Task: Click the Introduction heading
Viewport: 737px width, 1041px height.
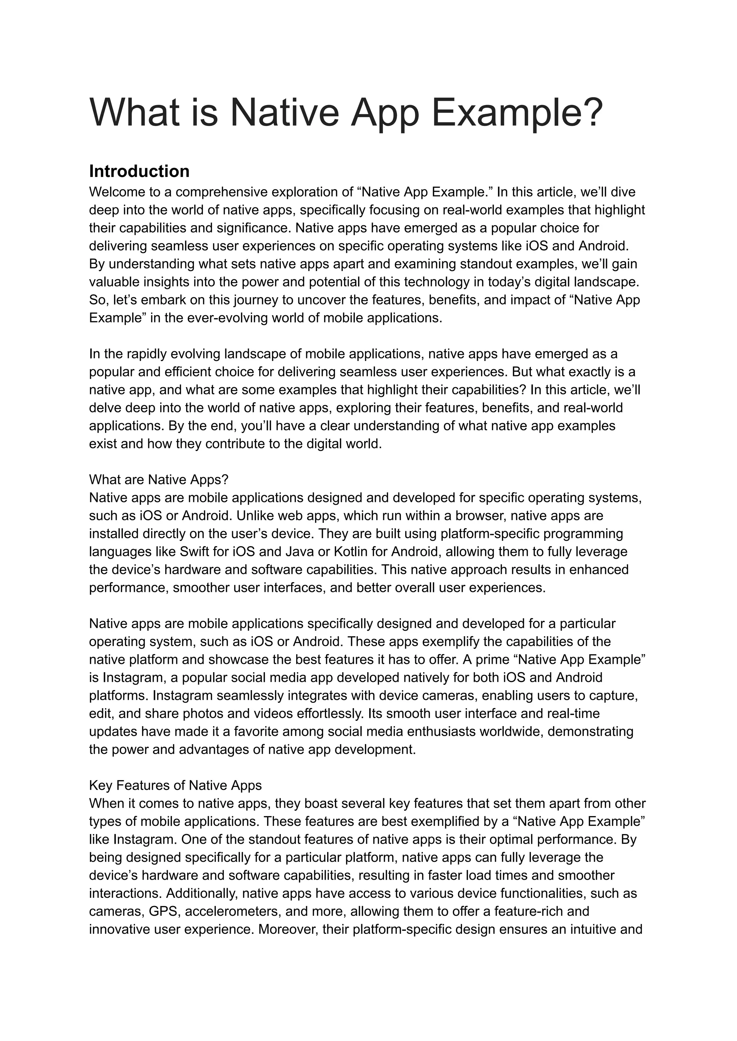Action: pos(139,172)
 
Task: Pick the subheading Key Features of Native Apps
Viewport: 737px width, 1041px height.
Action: pos(175,786)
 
